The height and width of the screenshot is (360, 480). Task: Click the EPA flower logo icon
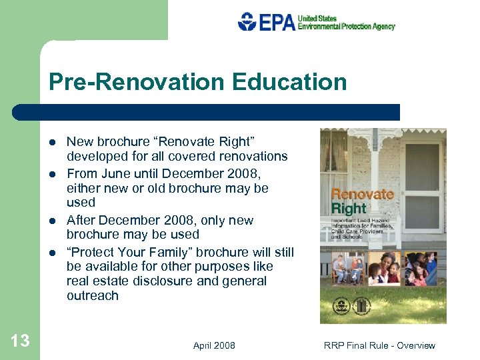247,21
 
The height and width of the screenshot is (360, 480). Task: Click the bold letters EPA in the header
276,22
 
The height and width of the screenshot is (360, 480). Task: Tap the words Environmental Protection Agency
346,27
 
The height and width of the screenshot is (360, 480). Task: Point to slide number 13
20,341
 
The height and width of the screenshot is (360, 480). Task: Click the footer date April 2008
214,345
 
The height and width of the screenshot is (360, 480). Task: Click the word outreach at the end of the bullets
93,296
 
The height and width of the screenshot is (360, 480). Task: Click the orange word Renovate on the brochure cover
362,195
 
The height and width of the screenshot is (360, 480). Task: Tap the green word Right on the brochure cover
349,209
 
